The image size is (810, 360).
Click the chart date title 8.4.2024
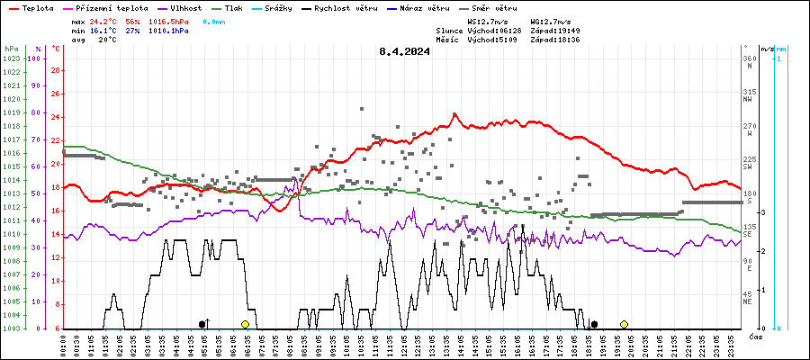[x=405, y=51]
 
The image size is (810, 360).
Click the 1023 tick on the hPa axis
[x=12, y=58]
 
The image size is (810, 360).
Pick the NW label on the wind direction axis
[x=748, y=100]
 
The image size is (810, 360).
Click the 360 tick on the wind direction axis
[x=749, y=58]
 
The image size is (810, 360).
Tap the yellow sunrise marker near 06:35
[x=245, y=324]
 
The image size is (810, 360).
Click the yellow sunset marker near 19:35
[x=624, y=324]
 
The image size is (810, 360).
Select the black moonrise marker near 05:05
[x=202, y=324]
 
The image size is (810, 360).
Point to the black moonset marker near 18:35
[x=593, y=324]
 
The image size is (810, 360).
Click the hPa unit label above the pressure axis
[x=11, y=49]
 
